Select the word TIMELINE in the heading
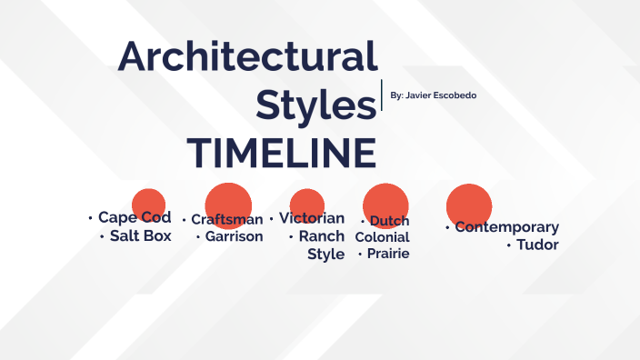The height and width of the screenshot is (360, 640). coord(281,153)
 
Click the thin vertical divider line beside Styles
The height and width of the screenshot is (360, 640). coord(381,95)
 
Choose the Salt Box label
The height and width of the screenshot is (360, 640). coord(140,236)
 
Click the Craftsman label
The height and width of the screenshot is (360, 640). coord(226,219)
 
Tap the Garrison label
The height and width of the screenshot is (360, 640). coord(234,236)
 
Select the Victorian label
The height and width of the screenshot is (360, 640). coord(312,218)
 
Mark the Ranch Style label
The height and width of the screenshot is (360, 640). coord(324,245)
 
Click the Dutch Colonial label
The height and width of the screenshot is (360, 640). coord(384,229)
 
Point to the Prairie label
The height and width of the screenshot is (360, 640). coord(387,254)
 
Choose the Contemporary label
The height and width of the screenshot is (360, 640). coord(506,227)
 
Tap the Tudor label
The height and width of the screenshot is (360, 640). coord(536,245)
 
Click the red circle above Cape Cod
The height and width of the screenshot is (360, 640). coord(148,203)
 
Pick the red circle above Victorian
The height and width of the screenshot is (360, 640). coord(307,204)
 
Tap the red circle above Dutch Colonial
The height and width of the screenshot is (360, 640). coord(385,203)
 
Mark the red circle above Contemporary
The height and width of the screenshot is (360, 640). coord(469,204)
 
